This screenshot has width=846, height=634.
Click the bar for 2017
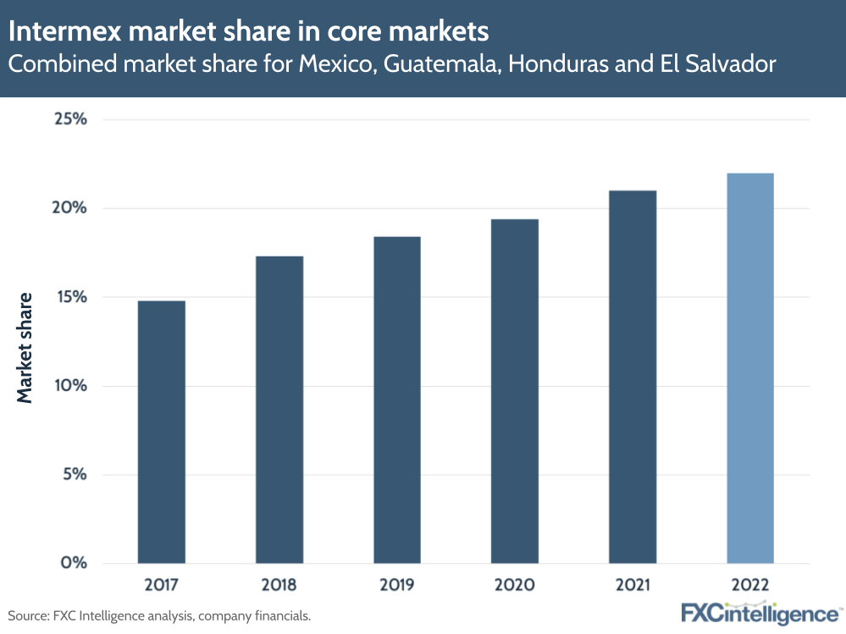point(161,432)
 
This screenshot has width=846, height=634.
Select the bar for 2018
point(279,410)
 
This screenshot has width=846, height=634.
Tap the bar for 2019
point(396,400)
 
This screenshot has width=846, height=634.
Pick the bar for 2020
point(514,391)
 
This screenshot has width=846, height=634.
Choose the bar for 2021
point(632,377)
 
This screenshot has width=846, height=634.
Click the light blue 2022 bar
point(749,368)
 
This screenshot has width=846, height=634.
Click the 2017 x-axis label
point(161,586)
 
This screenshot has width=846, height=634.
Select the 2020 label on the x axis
point(514,586)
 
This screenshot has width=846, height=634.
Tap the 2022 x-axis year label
point(749,586)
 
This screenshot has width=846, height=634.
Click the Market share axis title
point(25,347)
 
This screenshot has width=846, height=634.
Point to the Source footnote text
point(159,615)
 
